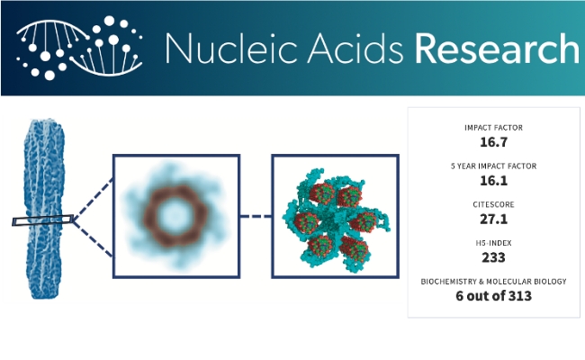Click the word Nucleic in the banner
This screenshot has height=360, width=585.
[x=231, y=49]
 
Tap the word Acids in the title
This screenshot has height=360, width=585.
[x=355, y=49]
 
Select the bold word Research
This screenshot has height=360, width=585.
[x=497, y=49]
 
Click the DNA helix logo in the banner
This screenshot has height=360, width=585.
[x=79, y=48]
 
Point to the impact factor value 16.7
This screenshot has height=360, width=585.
[x=493, y=142]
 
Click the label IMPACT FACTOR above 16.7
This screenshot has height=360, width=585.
[x=493, y=128]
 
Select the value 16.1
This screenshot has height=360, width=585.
[x=493, y=181]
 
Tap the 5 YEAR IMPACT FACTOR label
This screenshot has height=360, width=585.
[x=493, y=166]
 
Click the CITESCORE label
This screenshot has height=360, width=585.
[x=493, y=204]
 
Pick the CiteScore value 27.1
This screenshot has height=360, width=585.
[x=493, y=219]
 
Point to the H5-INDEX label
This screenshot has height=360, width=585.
[x=493, y=243]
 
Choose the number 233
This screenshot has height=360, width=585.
[x=493, y=257]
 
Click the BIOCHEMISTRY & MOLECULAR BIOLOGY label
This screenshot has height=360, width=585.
[x=493, y=282]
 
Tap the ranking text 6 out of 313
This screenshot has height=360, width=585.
[x=493, y=296]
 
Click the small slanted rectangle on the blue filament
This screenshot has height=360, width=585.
[x=42, y=220]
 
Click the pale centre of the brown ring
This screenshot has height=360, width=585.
[x=175, y=216]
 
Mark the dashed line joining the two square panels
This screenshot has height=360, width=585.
[x=256, y=216]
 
